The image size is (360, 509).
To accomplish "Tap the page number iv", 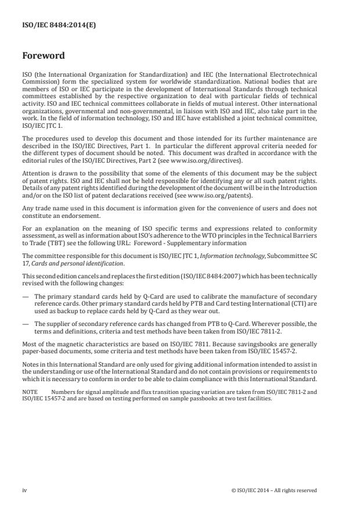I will [x=24, y=490].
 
